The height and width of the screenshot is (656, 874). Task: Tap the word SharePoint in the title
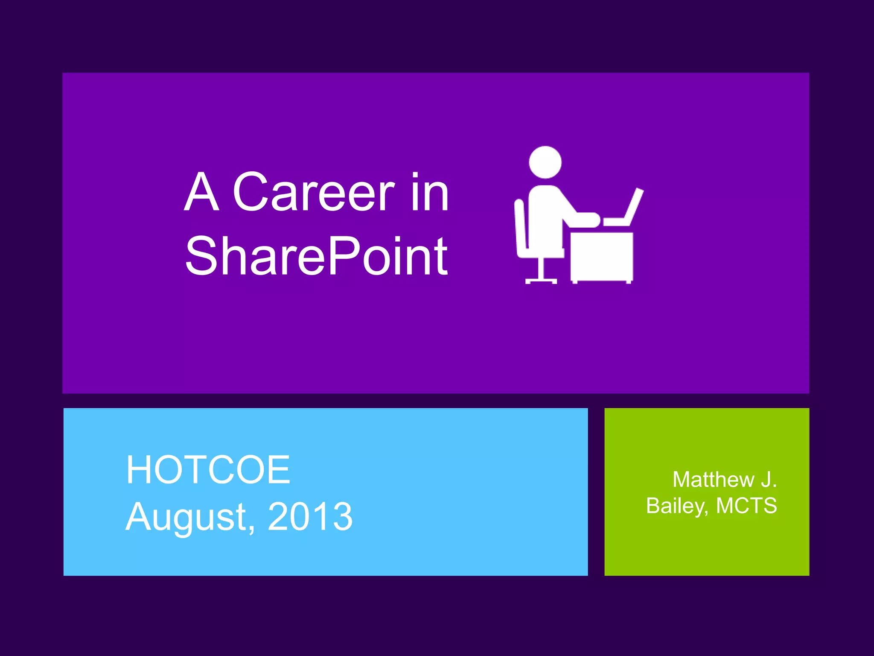coord(316,256)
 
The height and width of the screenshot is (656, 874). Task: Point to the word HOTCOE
coord(208,470)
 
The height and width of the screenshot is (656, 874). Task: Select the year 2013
coord(310,517)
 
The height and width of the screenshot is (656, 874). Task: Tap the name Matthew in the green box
coord(713,480)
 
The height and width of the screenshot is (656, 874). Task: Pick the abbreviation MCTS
coord(746,506)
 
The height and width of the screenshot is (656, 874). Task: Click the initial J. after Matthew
coord(769,480)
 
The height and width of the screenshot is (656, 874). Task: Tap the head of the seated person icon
coord(545,162)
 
